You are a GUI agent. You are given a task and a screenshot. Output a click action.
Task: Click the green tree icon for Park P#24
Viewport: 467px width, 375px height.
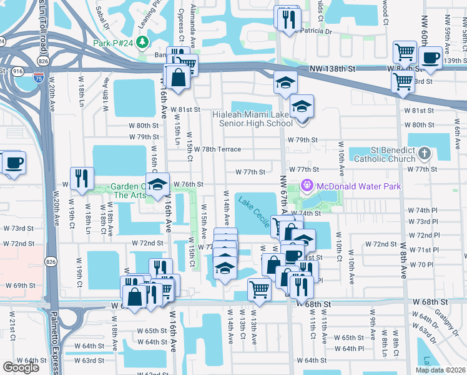coord(144,42)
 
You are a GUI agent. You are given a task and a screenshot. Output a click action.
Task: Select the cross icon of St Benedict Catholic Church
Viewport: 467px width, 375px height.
coord(425,153)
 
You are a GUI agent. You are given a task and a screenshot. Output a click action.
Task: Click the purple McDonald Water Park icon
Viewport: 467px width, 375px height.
coord(306,186)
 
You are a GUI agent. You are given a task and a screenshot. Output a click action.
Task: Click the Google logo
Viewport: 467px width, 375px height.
coord(21,367)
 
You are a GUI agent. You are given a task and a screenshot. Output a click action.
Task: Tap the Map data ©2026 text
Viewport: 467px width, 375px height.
coord(440,370)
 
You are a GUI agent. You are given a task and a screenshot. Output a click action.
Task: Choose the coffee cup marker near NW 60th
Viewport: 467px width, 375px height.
coord(430,58)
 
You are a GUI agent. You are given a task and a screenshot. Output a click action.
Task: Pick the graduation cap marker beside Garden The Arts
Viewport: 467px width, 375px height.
coord(158,184)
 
